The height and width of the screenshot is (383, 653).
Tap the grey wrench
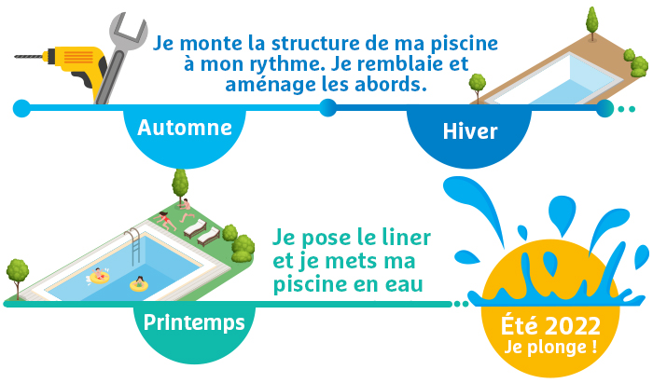[120, 54]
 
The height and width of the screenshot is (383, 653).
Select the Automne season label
[185, 128]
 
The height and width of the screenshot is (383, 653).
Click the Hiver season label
[470, 131]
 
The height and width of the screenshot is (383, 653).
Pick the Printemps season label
[194, 322]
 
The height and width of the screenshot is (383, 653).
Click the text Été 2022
[550, 325]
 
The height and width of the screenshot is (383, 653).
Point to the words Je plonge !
[550, 348]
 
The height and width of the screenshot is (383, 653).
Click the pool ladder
[134, 246]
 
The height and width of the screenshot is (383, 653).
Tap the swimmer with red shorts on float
[99, 276]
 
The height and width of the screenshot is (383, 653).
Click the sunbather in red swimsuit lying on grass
[164, 221]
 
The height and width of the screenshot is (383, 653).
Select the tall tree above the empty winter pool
[591, 23]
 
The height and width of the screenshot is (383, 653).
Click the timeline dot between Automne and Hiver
[327, 108]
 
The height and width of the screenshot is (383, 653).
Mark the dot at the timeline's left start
[21, 108]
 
